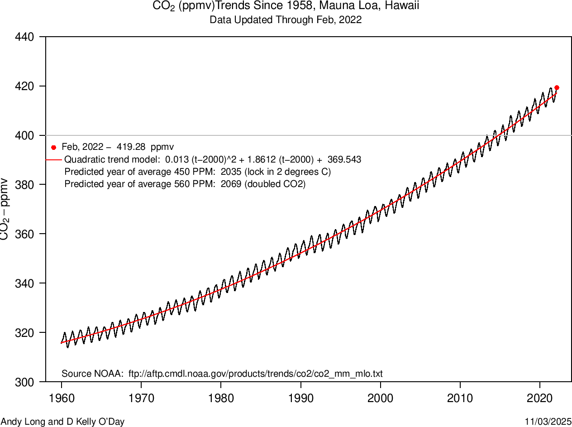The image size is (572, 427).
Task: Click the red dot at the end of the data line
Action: click(557, 87)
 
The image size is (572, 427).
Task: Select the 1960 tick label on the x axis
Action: click(62, 398)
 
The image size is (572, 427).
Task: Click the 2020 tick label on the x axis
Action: click(540, 398)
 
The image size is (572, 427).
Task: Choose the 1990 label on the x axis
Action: click(301, 398)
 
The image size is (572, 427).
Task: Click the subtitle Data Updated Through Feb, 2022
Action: click(286, 20)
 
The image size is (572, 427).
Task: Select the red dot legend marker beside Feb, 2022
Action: click(53, 147)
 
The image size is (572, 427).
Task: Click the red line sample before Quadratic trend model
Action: click(53, 160)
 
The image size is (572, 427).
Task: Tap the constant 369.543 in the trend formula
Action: click(344, 160)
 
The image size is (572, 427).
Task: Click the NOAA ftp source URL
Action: click(256, 374)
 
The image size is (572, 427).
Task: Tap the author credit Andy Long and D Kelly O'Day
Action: click(62, 422)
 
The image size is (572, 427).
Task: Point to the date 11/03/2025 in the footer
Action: click(548, 422)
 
